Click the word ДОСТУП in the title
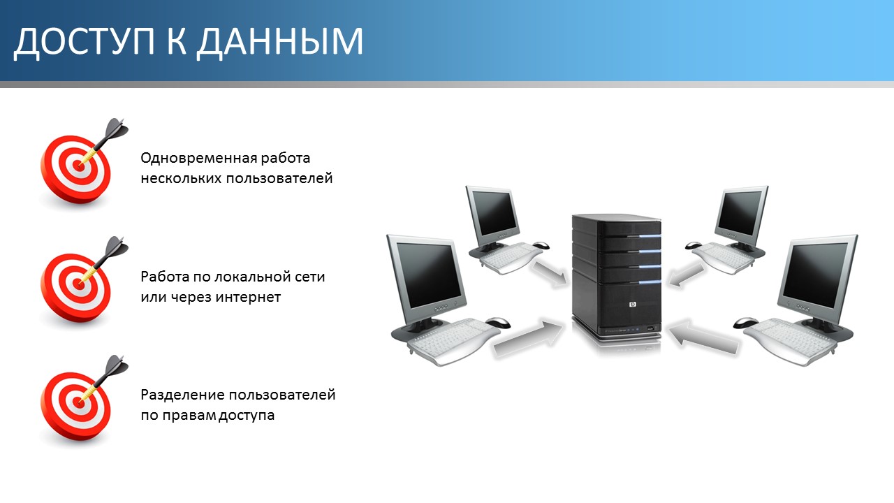click(x=85, y=42)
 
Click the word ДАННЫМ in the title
click(x=279, y=42)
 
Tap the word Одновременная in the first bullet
click(x=199, y=159)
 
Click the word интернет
click(x=248, y=297)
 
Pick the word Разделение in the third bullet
click(x=183, y=395)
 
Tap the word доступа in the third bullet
click(x=247, y=416)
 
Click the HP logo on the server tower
click(x=633, y=305)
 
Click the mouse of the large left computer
click(x=498, y=322)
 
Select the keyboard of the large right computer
click(x=791, y=337)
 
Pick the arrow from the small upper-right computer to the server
click(x=686, y=275)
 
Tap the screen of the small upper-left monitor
click(x=494, y=213)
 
